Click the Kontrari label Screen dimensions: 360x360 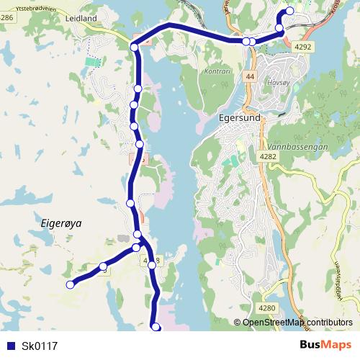tap(216, 72)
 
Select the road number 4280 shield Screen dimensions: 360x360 tap(267, 308)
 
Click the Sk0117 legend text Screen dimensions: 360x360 tap(40, 346)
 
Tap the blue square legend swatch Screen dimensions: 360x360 tap(10, 346)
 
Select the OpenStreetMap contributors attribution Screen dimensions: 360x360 tap(297, 323)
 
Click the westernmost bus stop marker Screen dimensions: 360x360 tap(71, 285)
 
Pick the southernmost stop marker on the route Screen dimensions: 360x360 tap(156, 328)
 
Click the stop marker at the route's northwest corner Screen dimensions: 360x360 tap(135, 48)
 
